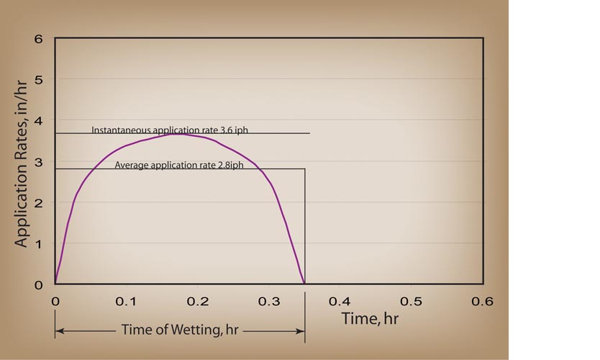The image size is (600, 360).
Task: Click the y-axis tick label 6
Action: (x=39, y=37)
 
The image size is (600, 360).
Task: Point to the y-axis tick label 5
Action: (x=39, y=79)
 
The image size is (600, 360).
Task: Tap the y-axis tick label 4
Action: (x=39, y=120)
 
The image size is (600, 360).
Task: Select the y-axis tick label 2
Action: (x=39, y=202)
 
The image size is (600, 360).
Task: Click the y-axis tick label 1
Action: (x=39, y=243)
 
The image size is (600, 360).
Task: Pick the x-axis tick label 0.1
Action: (x=125, y=300)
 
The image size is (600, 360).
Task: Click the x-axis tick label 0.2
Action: (x=196, y=300)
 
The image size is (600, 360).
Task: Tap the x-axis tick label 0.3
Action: (x=268, y=300)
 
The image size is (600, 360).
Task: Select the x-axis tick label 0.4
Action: (x=339, y=300)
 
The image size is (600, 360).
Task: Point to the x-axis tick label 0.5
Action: (x=410, y=300)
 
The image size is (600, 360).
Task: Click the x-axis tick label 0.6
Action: (x=481, y=300)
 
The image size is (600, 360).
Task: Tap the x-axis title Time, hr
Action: (x=370, y=317)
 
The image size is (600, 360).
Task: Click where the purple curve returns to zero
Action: (x=305, y=284)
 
